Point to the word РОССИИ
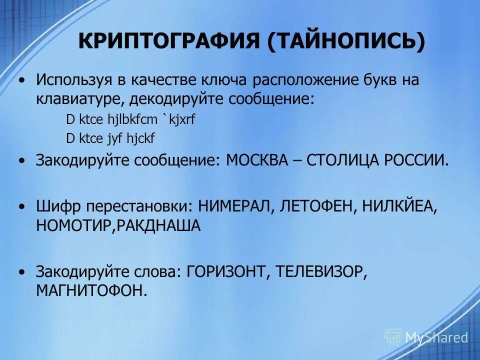(415, 161)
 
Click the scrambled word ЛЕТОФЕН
(313, 206)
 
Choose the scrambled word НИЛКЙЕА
(397, 206)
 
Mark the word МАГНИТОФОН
(91, 290)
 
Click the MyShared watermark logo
(426, 337)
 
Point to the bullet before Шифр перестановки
(20, 206)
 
